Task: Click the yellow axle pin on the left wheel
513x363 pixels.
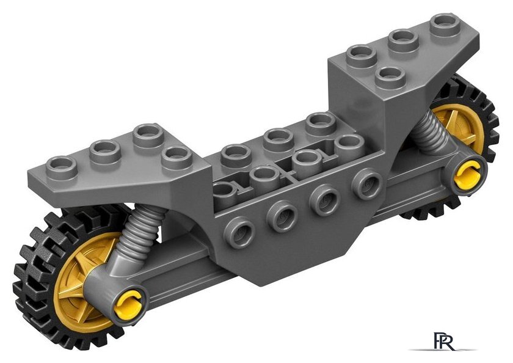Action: click(128, 304)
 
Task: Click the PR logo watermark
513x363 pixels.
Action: click(443, 342)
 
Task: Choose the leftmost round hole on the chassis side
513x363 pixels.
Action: click(240, 232)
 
